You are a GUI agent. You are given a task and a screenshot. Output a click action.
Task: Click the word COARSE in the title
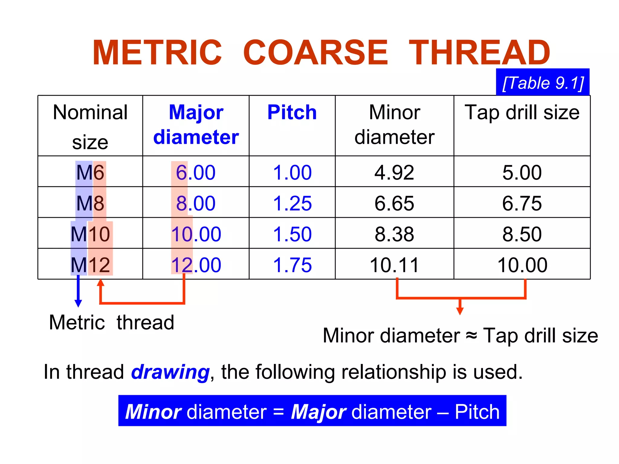pyautogui.click(x=315, y=53)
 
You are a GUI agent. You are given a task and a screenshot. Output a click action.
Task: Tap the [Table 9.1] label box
pyautogui.click(x=543, y=82)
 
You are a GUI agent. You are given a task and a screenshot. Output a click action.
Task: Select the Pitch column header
pyautogui.click(x=292, y=112)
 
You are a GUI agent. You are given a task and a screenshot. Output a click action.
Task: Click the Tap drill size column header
pyautogui.click(x=522, y=112)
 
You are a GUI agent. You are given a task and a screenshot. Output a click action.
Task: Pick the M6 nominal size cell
pyautogui.click(x=90, y=172)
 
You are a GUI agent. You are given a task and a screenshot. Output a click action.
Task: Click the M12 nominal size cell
pyautogui.click(x=90, y=265)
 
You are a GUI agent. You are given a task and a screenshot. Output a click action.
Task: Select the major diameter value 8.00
pyautogui.click(x=196, y=203)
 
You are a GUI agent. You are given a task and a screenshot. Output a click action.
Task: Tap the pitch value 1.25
pyautogui.click(x=292, y=203)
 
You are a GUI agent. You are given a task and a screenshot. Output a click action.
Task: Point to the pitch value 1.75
pyautogui.click(x=292, y=265)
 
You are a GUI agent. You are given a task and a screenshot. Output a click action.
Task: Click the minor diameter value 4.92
pyautogui.click(x=394, y=172)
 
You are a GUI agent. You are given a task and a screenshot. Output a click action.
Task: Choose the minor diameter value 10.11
pyautogui.click(x=394, y=265)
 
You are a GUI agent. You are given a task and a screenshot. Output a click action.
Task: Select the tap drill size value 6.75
pyautogui.click(x=522, y=203)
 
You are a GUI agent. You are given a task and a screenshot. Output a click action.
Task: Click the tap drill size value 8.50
pyautogui.click(x=522, y=234)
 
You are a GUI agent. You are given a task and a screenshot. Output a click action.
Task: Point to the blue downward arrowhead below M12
pyautogui.click(x=78, y=303)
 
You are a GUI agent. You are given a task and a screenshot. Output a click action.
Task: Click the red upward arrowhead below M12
pyautogui.click(x=101, y=283)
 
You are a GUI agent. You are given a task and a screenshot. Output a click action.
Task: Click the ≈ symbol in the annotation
pyautogui.click(x=471, y=335)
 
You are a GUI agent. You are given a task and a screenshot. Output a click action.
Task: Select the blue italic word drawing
pyautogui.click(x=170, y=372)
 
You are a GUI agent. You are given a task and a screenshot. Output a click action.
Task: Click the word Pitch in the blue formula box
pyautogui.click(x=477, y=411)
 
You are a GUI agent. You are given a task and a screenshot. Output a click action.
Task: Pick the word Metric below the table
pyautogui.click(x=77, y=322)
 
